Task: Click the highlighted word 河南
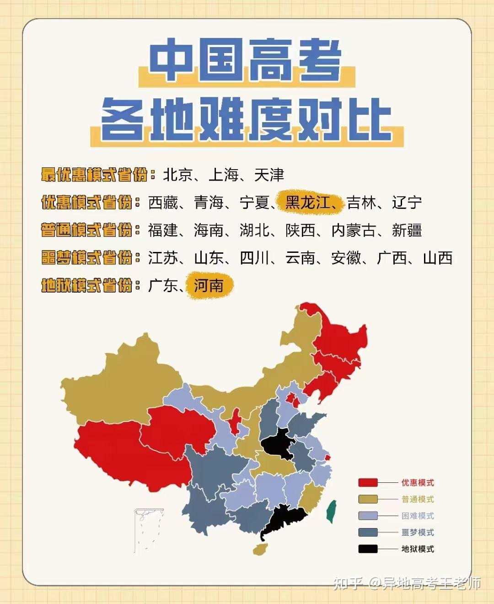(209, 285)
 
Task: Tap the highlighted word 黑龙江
(307, 202)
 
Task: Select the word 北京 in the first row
(177, 175)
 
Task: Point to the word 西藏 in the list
(163, 202)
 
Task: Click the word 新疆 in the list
(407, 230)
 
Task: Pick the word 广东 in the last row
(163, 285)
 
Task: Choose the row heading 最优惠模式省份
(94, 175)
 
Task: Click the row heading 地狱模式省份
(86, 285)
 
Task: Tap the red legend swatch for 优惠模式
(368, 482)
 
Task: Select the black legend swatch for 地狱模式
(368, 549)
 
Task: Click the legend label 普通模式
(418, 499)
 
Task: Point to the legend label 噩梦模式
(418, 532)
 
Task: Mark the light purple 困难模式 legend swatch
(368, 516)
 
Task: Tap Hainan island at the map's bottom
(261, 548)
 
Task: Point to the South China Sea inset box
(149, 530)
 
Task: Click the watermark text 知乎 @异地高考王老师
(407, 583)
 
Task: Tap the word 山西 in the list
(438, 258)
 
